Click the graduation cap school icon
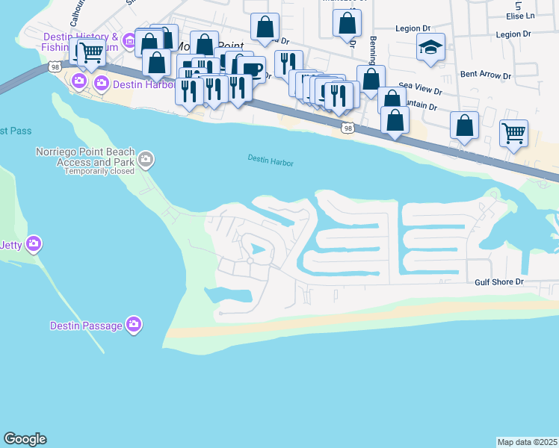[430, 48]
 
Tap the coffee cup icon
[252, 70]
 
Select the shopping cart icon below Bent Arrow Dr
[513, 134]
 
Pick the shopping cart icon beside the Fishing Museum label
[91, 52]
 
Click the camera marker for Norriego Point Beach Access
[146, 158]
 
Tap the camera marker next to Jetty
[33, 243]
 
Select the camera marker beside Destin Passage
[134, 324]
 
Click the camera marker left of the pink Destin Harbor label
[79, 81]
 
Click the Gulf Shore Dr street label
[500, 282]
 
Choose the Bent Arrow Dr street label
[486, 75]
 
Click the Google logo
[25, 439]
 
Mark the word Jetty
[12, 244]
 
